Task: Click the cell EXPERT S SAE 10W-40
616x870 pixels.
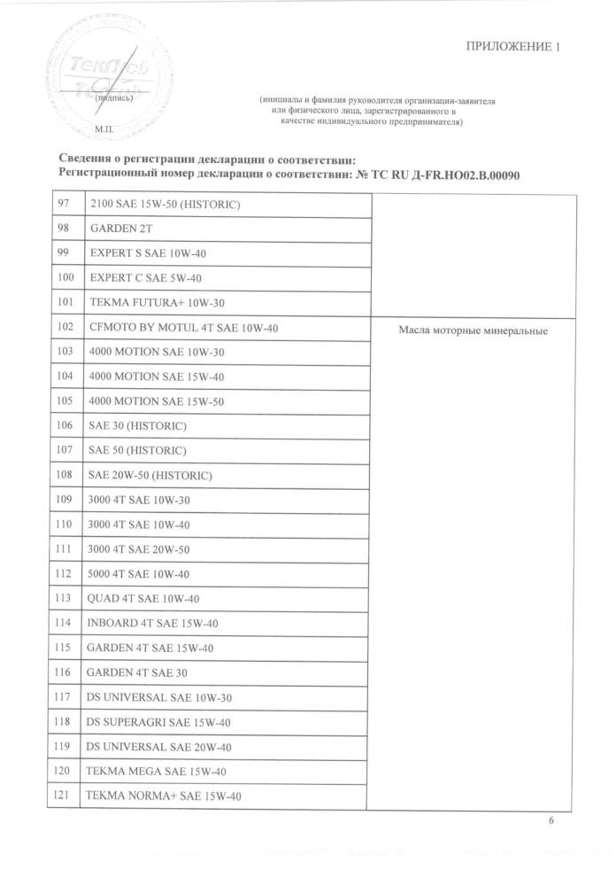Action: (x=146, y=254)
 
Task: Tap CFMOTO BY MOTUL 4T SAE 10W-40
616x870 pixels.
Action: (x=183, y=328)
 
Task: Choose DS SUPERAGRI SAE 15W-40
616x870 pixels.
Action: (x=159, y=722)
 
